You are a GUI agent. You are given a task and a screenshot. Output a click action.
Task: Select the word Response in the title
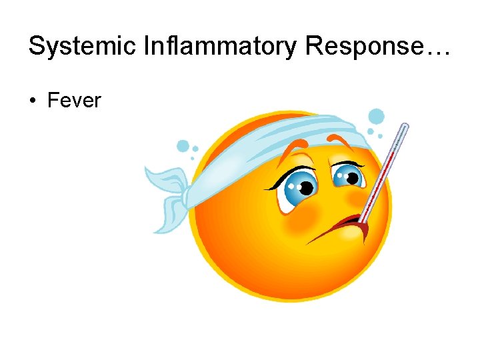[x=359, y=46]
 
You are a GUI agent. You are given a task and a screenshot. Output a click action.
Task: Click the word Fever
[x=74, y=101]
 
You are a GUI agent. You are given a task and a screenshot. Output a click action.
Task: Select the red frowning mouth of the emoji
[x=346, y=225]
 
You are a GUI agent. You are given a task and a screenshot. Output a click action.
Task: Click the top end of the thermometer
[x=404, y=127]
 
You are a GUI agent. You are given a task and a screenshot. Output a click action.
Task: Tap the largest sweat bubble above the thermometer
[x=377, y=117]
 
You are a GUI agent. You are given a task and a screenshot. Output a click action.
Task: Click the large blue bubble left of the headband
[x=183, y=146]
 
